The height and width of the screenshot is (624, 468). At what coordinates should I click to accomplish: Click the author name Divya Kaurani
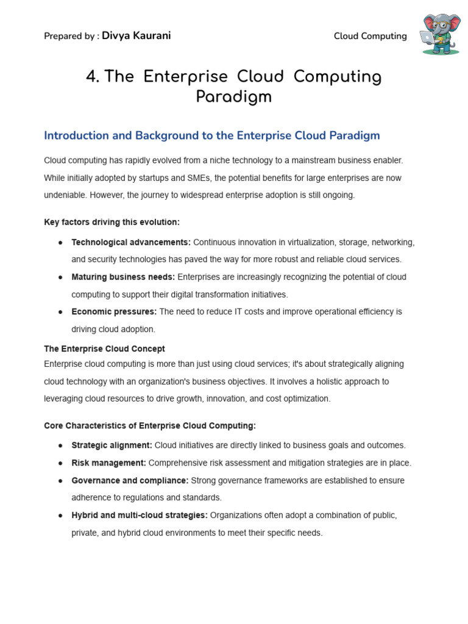(x=136, y=36)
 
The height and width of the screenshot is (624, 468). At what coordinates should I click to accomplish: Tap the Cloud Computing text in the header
(x=370, y=36)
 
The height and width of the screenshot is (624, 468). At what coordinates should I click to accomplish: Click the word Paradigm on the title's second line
(x=234, y=97)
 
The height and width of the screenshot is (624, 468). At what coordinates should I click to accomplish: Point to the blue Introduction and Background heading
(x=212, y=135)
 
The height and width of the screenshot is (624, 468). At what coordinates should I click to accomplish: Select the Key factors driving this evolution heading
(x=112, y=222)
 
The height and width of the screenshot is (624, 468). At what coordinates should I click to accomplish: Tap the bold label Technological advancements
(x=131, y=242)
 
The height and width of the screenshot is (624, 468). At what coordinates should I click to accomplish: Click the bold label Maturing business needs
(x=123, y=277)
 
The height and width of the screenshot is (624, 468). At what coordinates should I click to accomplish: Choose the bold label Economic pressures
(x=114, y=311)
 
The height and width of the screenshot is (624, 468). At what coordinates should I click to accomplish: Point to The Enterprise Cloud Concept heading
(x=104, y=349)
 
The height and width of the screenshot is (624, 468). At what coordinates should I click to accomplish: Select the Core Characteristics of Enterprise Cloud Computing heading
(x=150, y=425)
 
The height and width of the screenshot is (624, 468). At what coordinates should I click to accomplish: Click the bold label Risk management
(x=108, y=463)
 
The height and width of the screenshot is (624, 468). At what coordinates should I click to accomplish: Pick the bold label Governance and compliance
(x=130, y=480)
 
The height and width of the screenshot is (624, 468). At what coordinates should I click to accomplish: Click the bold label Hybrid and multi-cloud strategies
(x=140, y=515)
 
